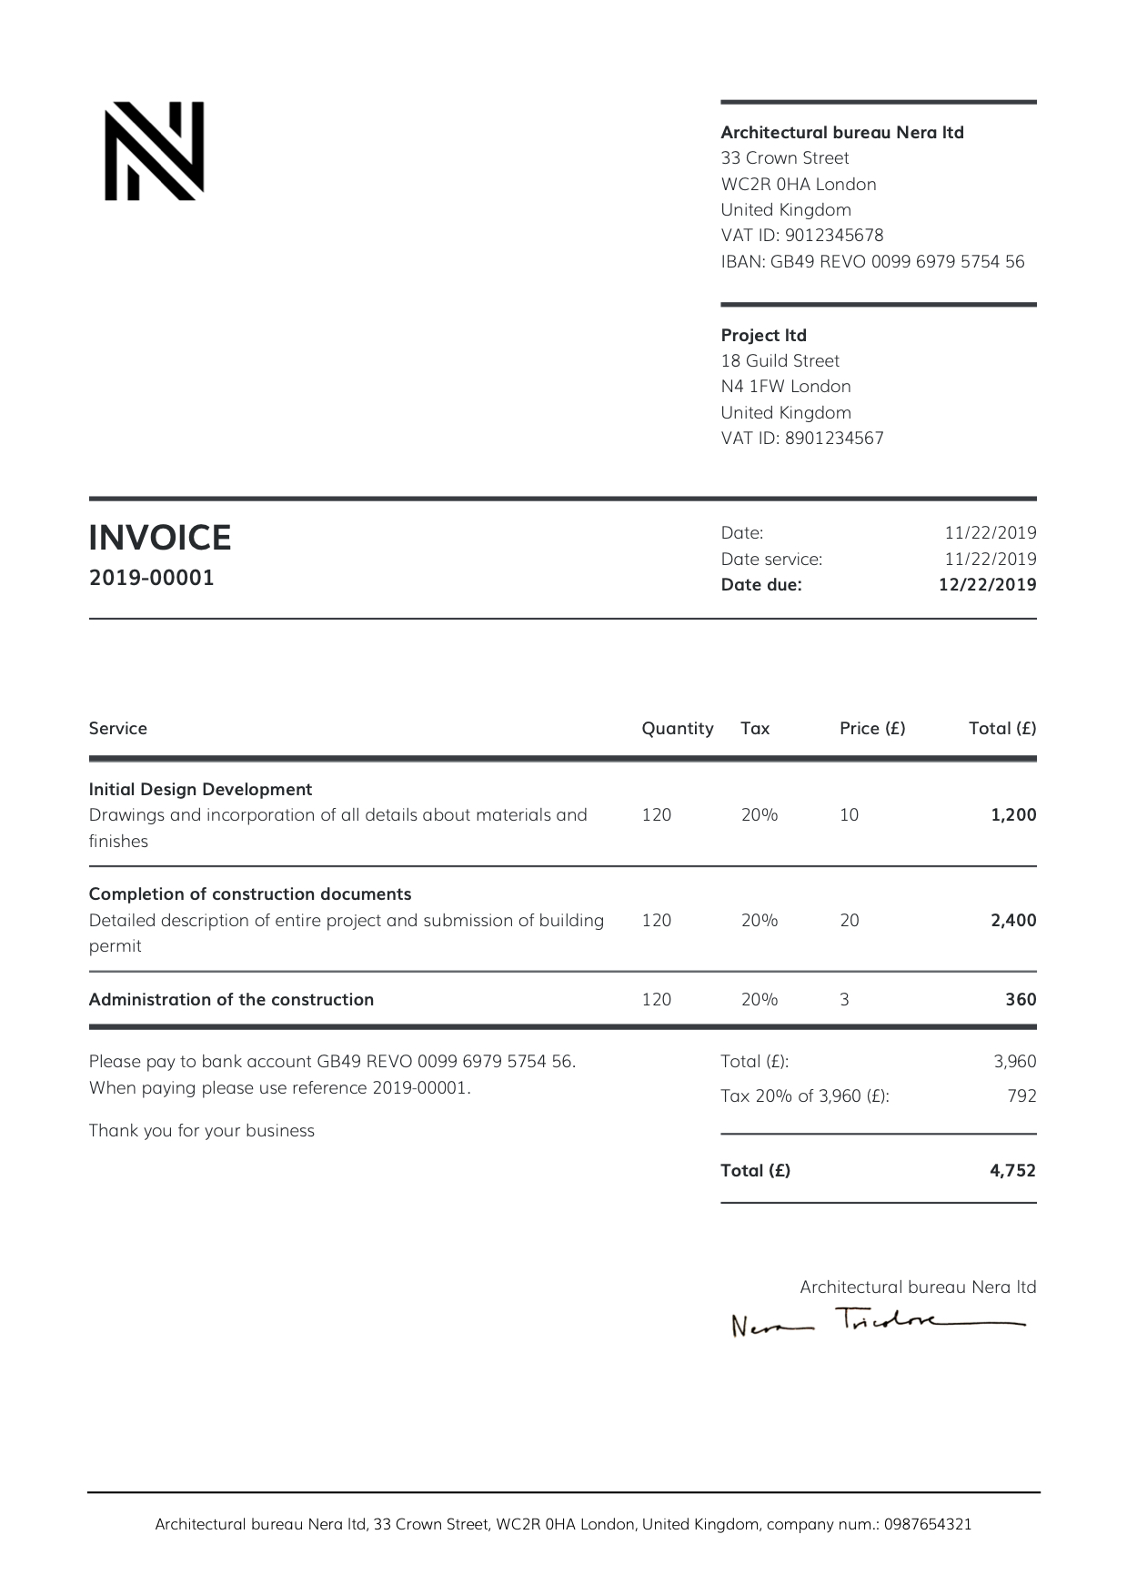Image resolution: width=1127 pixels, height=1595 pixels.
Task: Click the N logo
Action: (x=154, y=151)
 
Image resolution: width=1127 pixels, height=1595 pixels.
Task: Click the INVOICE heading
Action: (x=160, y=538)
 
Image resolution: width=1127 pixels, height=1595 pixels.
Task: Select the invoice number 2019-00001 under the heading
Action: (x=151, y=578)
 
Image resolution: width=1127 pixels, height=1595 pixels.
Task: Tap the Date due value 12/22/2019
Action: (x=987, y=585)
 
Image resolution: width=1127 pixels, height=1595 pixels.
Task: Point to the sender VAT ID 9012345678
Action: (x=834, y=236)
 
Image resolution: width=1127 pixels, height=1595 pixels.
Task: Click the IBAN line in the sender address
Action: (x=871, y=262)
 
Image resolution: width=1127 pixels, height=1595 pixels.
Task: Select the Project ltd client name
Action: (x=763, y=335)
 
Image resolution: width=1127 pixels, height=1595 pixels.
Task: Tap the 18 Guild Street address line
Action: (x=780, y=361)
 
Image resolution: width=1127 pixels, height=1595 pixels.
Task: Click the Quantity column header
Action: (x=677, y=729)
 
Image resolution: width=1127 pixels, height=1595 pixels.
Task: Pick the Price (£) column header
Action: (x=871, y=729)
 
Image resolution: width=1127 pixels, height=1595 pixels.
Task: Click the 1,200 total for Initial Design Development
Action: (x=1013, y=815)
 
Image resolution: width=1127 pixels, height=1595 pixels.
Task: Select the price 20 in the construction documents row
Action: (x=849, y=921)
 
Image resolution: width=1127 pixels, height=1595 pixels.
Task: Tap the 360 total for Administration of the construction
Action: (x=1021, y=1000)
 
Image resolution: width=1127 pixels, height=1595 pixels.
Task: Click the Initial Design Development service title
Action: (x=200, y=790)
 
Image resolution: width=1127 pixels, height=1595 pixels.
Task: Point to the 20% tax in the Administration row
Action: (x=759, y=1000)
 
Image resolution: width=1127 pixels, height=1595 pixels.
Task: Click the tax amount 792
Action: (x=1021, y=1096)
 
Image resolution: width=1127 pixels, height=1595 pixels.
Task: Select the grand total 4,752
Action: (x=1012, y=1171)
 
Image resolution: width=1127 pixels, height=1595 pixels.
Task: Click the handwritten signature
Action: (x=877, y=1322)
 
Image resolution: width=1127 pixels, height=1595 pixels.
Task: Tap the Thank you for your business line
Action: (x=201, y=1131)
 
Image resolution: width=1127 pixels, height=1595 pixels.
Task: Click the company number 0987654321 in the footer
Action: (x=927, y=1524)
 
